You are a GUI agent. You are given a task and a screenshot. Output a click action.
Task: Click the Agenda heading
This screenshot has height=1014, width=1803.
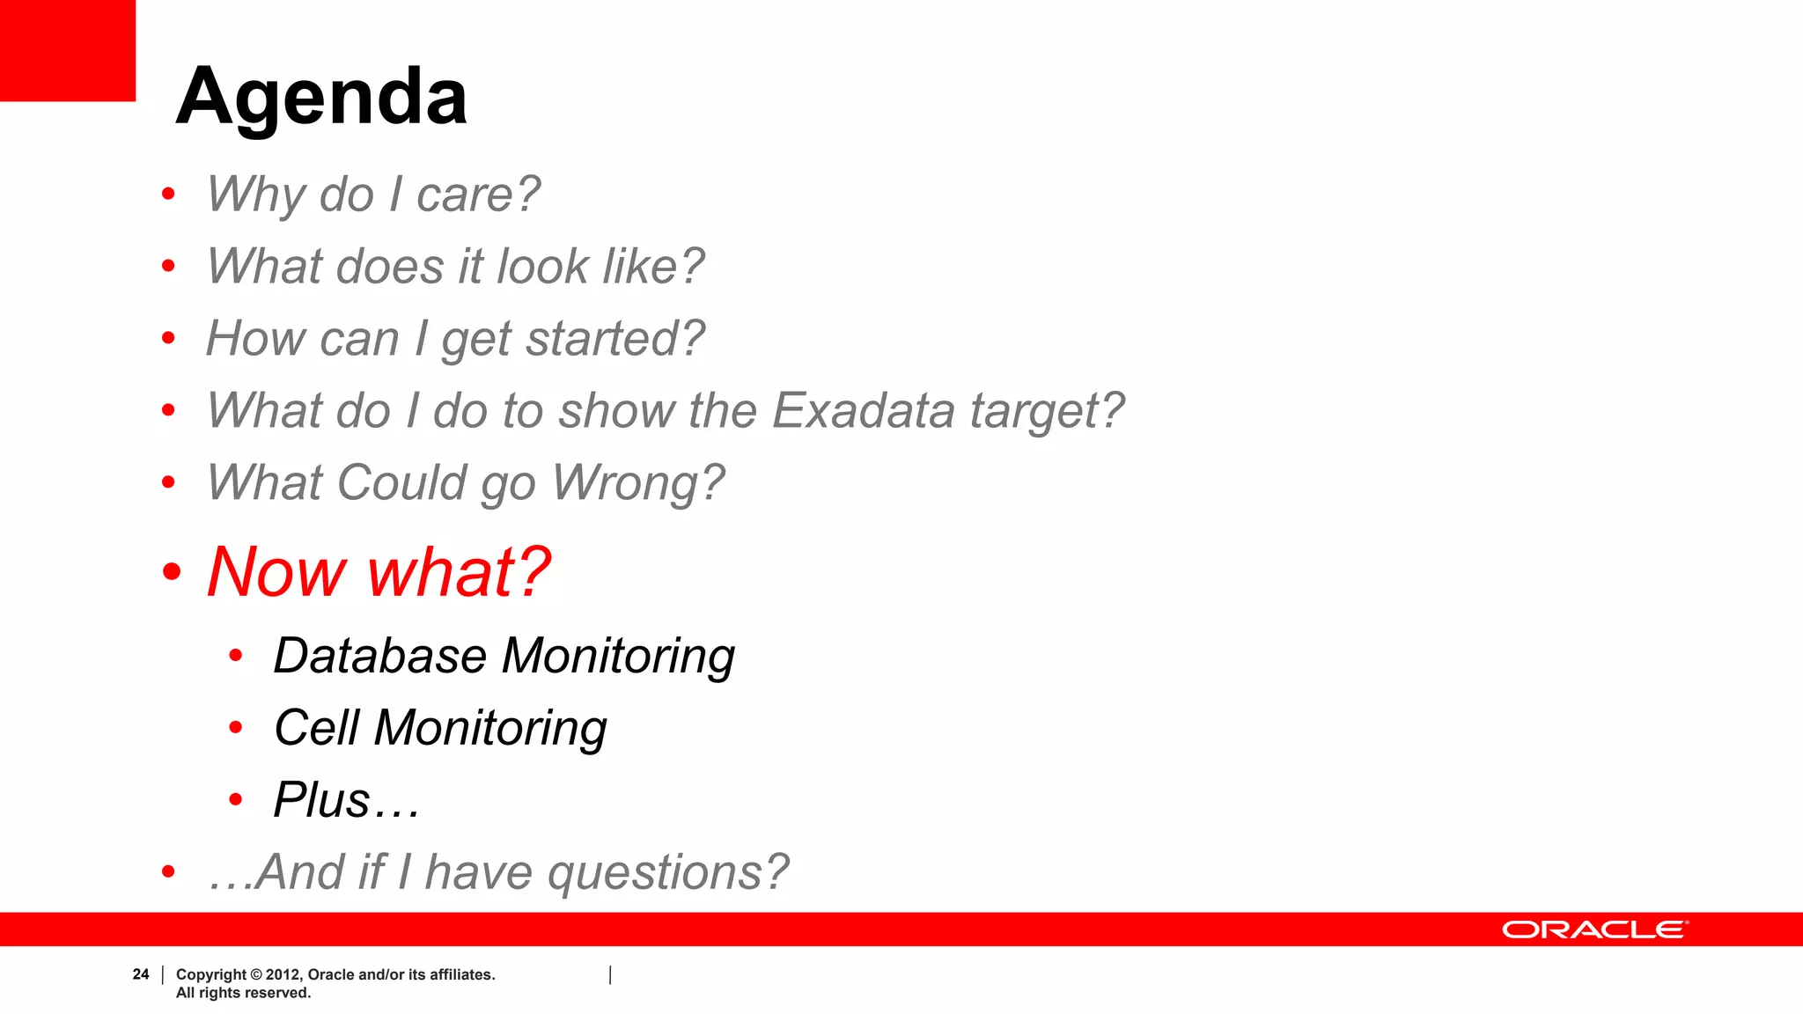321,97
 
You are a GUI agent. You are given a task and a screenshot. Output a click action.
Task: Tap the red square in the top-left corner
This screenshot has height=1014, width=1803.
67,50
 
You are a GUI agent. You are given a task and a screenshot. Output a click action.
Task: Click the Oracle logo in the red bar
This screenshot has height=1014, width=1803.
1594,930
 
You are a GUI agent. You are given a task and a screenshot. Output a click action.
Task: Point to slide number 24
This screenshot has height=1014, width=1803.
141,974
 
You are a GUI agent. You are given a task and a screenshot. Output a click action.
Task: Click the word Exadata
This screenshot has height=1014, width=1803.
863,411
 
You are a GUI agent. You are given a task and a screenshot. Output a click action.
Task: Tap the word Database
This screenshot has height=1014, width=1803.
379,657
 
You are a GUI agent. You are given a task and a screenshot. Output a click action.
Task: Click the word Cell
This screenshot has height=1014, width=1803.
316,729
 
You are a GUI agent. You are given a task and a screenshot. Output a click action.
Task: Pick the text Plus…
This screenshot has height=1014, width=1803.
346,801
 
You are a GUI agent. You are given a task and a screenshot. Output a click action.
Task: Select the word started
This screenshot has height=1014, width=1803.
616,339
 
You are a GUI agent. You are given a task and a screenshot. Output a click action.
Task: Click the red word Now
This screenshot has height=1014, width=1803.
276,572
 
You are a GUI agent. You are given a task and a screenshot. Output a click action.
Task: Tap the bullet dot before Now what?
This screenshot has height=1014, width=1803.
172,572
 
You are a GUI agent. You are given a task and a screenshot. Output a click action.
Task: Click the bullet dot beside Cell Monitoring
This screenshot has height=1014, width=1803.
235,728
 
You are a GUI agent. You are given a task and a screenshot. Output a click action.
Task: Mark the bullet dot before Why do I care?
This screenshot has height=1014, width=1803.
168,194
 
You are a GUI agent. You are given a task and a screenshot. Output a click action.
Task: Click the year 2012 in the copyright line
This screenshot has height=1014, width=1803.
283,974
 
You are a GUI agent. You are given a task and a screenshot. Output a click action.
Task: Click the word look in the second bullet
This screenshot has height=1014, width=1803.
542,267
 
